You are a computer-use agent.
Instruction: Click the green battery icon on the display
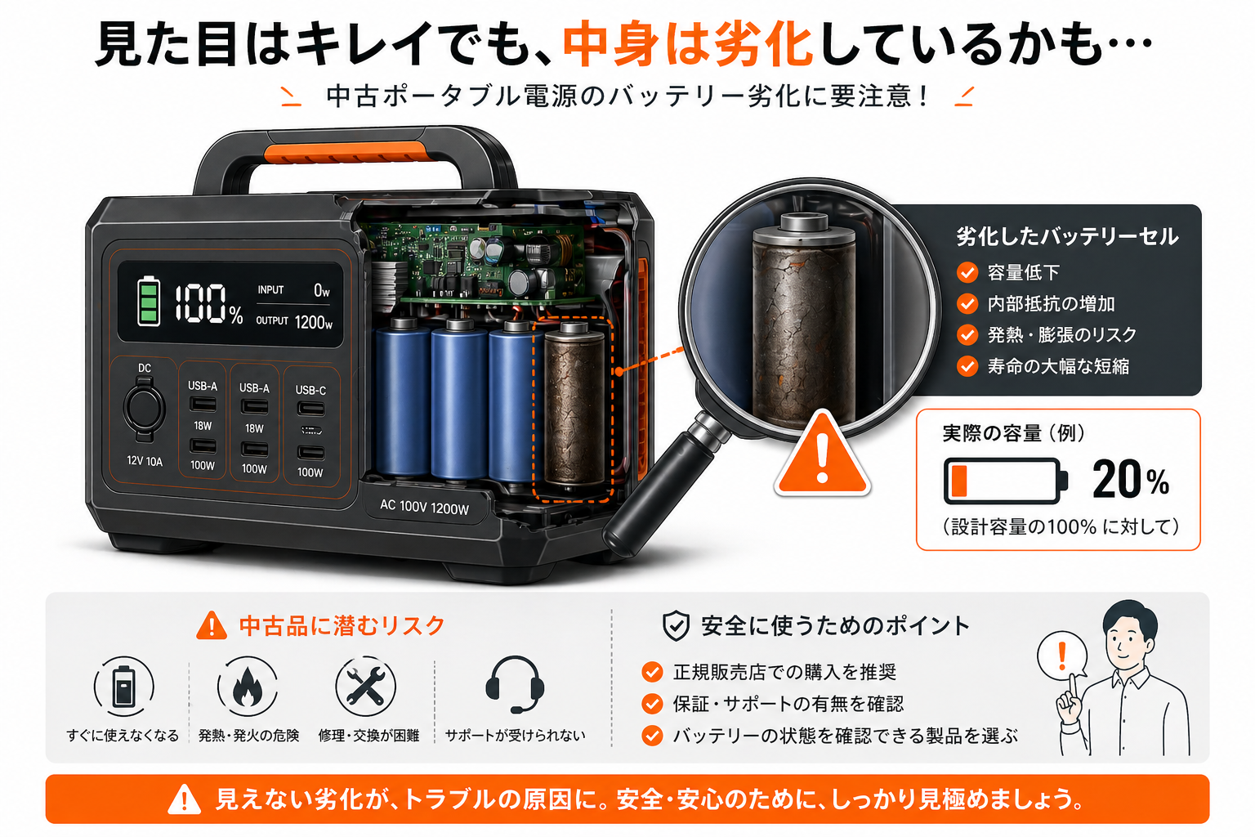pos(148,301)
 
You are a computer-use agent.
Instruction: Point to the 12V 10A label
pos(145,461)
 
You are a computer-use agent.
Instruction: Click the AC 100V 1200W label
pos(424,508)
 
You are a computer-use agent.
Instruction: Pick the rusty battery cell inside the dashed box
pos(574,407)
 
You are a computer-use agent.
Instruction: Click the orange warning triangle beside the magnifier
pos(822,458)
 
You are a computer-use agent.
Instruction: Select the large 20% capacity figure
pos(1130,480)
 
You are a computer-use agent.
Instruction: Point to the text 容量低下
pos(1023,272)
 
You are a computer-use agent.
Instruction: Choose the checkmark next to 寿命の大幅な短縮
pos(967,366)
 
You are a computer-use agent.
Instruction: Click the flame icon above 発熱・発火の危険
pos(247,687)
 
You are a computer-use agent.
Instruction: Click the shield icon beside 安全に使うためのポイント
pos(676,626)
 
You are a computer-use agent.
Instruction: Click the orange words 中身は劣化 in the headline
pos(687,44)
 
